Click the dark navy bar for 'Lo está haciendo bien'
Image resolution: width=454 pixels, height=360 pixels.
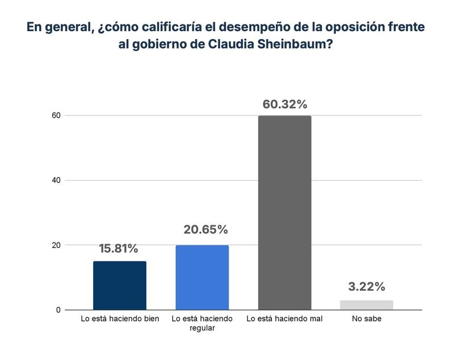119,286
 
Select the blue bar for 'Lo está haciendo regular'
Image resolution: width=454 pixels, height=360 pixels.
202,278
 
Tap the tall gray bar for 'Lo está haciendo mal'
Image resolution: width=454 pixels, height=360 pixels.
284,213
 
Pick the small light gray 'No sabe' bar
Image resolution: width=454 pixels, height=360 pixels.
367,305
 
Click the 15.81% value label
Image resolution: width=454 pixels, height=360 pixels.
119,248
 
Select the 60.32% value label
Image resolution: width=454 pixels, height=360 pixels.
285,104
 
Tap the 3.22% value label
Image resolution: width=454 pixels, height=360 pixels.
367,286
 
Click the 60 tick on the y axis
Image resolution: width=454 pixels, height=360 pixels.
55,116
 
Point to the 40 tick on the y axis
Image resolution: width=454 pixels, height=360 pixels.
55,180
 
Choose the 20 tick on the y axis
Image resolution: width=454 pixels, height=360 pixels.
55,245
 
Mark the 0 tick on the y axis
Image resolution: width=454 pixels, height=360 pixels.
57,310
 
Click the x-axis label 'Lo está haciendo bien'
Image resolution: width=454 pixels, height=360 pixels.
120,319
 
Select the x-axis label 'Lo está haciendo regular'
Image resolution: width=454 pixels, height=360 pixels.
202,323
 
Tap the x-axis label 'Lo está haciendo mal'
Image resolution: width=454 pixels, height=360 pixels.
284,319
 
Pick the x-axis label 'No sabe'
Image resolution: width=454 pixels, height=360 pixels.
367,319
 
